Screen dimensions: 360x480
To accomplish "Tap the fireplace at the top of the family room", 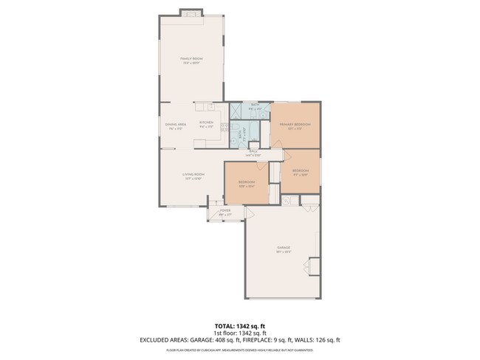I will (x=192, y=13).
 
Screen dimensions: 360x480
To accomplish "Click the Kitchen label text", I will (x=206, y=122).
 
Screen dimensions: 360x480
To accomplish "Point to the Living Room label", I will (x=193, y=174).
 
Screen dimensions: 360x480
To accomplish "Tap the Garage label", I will (x=284, y=247).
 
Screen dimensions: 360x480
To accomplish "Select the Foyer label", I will (x=225, y=210).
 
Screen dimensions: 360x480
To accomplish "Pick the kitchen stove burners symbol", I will (x=224, y=127).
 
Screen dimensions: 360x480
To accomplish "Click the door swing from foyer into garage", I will (x=249, y=215).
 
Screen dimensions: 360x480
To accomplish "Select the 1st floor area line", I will (x=239, y=333).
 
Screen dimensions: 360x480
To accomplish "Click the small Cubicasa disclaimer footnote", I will (x=239, y=349).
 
